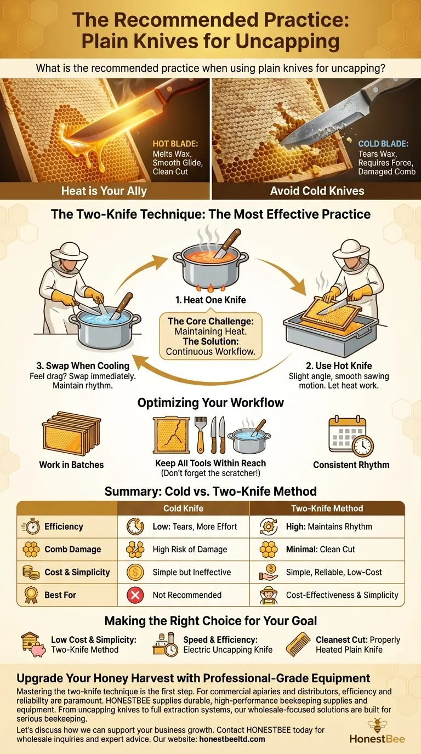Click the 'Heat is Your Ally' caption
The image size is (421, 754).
(x=104, y=191)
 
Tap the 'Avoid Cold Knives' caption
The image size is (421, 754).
(x=316, y=191)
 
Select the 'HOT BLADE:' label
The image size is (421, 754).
(x=173, y=144)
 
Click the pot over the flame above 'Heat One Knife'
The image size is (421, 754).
(x=210, y=266)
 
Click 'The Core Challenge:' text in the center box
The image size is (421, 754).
(x=210, y=321)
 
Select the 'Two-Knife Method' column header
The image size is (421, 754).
(x=327, y=509)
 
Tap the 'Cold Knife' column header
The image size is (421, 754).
(x=184, y=509)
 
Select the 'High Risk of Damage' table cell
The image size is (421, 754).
(x=190, y=549)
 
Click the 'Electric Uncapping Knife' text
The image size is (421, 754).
(x=227, y=650)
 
